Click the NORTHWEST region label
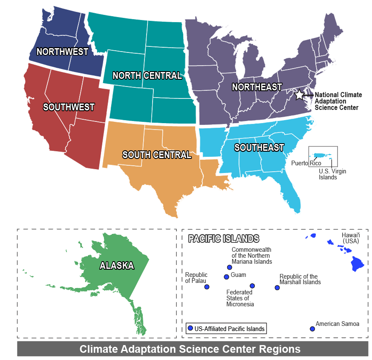tap(62, 52)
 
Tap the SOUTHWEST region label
tap(69, 107)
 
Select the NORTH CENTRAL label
tap(147, 76)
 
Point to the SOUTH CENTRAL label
tap(157, 155)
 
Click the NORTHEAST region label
tap(257, 87)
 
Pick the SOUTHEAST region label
tap(259, 148)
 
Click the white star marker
tap(300, 95)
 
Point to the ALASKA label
tap(117, 266)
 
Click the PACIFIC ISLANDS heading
tap(224, 239)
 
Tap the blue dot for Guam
tap(226, 277)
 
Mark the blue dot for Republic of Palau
tap(207, 287)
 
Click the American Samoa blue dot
tap(312, 329)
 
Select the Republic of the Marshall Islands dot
tap(277, 288)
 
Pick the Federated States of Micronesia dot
tap(252, 286)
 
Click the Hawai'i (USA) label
tap(351, 238)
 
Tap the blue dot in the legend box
tap(190, 328)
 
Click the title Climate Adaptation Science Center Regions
tap(190, 349)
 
